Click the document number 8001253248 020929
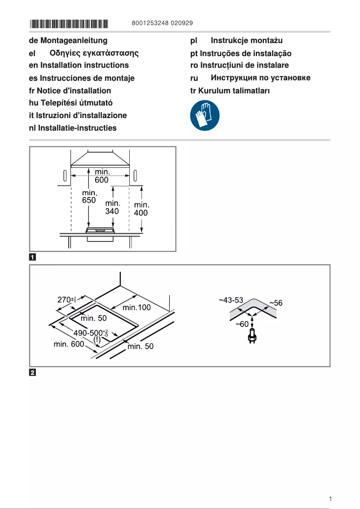pyautogui.click(x=163, y=23)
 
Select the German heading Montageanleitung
pyautogui.click(x=68, y=40)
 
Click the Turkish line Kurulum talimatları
pyautogui.click(x=230, y=90)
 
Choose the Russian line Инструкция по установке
pyautogui.click(x=250, y=78)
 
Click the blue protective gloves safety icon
pyautogui.click(x=205, y=115)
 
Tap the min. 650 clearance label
pyautogui.click(x=89, y=196)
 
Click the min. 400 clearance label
pyautogui.click(x=141, y=209)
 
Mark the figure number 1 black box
pyautogui.click(x=32, y=257)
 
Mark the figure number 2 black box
pyautogui.click(x=32, y=372)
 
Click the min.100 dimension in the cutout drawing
pyautogui.click(x=137, y=308)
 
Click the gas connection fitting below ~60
pyautogui.click(x=253, y=337)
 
